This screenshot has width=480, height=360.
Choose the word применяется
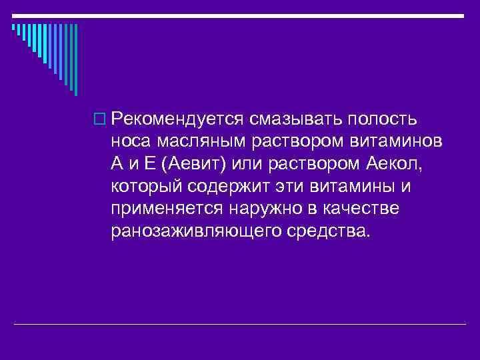point(167,209)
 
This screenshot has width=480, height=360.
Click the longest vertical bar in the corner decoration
point(75,60)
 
